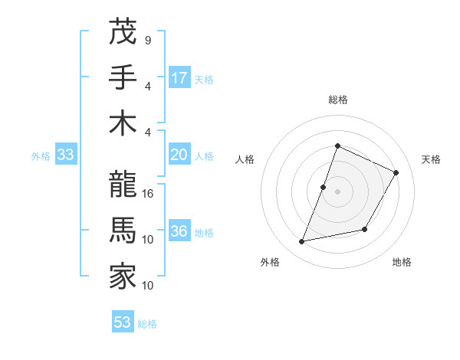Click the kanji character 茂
pyautogui.click(x=122, y=31)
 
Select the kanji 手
pyautogui.click(x=122, y=77)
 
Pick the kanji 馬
pyautogui.click(x=122, y=231)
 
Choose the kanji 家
pyautogui.click(x=122, y=277)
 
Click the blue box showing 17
pyautogui.click(x=179, y=78)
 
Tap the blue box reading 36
pyautogui.click(x=179, y=232)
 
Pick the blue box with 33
pyautogui.click(x=65, y=155)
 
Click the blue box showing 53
pyautogui.click(x=123, y=322)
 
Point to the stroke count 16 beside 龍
pyautogui.click(x=149, y=194)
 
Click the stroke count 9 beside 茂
pyautogui.click(x=148, y=40)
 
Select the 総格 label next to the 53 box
pyautogui.click(x=147, y=324)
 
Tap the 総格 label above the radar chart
pyautogui.click(x=337, y=100)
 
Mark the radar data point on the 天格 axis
pyautogui.click(x=396, y=172)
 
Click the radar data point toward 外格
pyautogui.click(x=302, y=242)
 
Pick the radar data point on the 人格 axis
pyautogui.click(x=324, y=187)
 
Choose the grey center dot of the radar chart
pyautogui.click(x=337, y=191)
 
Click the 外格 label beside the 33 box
pyautogui.click(x=41, y=156)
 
